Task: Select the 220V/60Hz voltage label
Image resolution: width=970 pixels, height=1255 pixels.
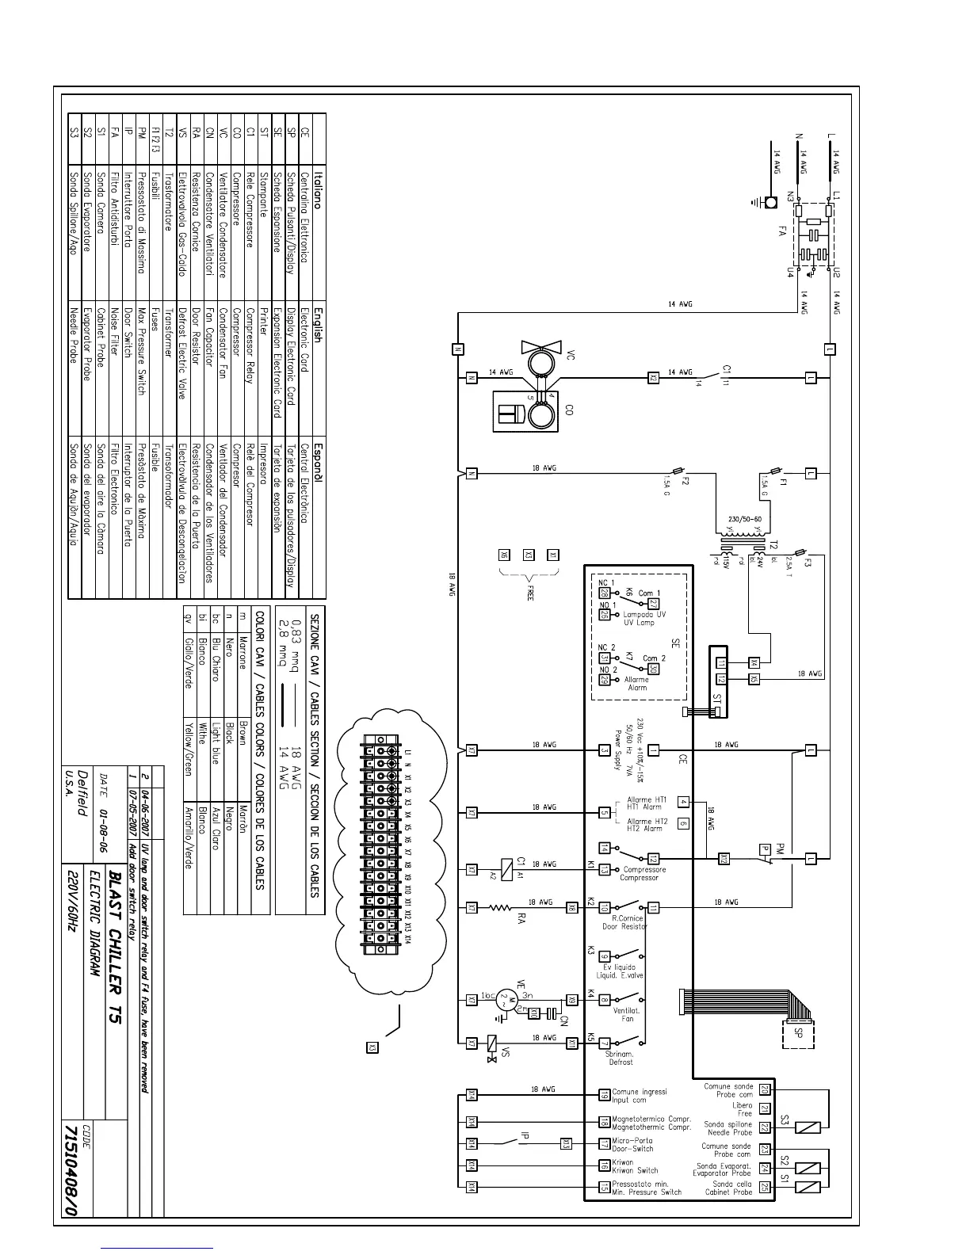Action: pos(73,902)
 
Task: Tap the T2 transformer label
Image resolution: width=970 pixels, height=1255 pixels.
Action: pos(774,546)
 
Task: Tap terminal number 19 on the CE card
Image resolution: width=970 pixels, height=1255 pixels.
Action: pos(605,1095)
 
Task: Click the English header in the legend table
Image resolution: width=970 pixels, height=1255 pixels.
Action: pos(317,325)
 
